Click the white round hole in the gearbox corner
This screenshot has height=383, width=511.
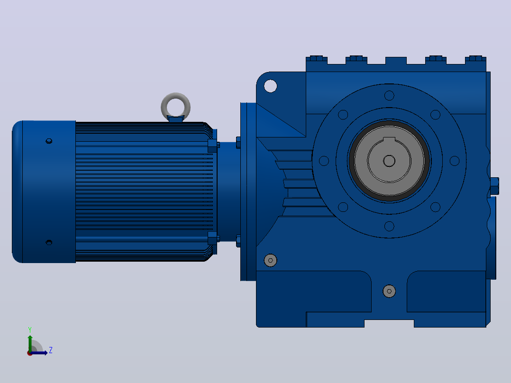click(x=270, y=86)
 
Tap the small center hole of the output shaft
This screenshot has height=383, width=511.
click(x=389, y=161)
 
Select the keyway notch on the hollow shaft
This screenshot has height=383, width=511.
click(x=389, y=140)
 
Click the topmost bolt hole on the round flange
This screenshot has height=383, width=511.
click(x=389, y=95)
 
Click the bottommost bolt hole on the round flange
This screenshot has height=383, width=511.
click(x=389, y=226)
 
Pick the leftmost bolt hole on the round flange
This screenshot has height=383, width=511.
click(x=324, y=161)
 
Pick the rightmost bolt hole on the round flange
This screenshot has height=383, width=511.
click(x=454, y=161)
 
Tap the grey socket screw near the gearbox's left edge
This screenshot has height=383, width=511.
click(x=270, y=260)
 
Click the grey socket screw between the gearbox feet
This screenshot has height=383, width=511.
click(x=389, y=291)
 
